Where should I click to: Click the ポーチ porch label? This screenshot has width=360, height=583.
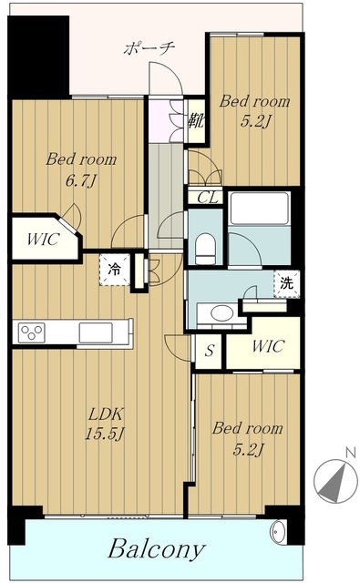149,48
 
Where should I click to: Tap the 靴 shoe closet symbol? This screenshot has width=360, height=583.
196,120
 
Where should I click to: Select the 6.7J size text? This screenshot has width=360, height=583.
81,181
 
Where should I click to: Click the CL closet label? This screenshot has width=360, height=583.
208,198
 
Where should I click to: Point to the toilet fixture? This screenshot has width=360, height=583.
205,247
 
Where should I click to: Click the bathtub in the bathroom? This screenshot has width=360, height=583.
259,208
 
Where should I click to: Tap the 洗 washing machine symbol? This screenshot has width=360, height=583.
286,283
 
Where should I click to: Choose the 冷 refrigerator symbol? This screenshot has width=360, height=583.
115,270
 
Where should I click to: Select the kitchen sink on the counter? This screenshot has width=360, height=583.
96,332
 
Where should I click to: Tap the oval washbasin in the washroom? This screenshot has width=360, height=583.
222,312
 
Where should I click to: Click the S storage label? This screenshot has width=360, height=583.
211,350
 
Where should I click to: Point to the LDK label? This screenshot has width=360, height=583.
105,414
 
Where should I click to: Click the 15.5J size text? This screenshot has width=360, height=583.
105,434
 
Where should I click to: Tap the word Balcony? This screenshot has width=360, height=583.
157,548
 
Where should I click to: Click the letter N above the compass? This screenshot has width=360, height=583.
350,453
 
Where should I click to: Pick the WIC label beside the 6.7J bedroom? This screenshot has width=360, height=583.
43,240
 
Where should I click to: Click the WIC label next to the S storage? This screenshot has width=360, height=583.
268,346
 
